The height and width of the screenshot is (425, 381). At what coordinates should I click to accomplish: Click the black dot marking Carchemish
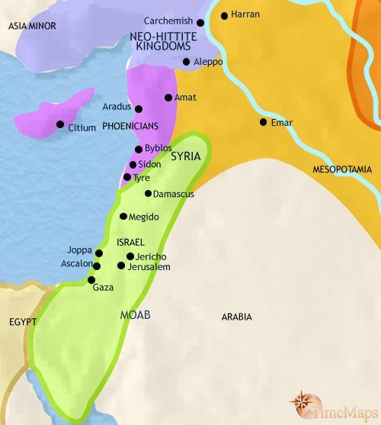click(x=200, y=23)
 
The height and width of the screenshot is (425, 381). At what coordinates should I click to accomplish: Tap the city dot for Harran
click(x=224, y=15)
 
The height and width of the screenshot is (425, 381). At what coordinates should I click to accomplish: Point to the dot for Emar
click(x=264, y=122)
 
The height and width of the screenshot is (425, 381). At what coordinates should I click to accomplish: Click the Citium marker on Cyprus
click(x=59, y=124)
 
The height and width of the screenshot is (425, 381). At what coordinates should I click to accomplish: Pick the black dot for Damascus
click(x=148, y=194)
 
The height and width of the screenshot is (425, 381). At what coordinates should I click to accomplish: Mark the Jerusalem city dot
click(x=121, y=266)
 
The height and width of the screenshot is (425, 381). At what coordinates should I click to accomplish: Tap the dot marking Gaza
click(x=92, y=280)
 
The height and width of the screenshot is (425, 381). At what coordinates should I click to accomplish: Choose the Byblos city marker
click(x=137, y=149)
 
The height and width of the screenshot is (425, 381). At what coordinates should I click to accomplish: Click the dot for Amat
click(x=168, y=98)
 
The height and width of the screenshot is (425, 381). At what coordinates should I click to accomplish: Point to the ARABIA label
click(x=236, y=317)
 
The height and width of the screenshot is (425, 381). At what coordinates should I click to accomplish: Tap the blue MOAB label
click(x=136, y=314)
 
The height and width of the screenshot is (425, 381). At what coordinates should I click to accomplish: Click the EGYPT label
click(x=23, y=322)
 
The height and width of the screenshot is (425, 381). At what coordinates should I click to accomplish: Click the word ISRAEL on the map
click(x=131, y=241)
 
